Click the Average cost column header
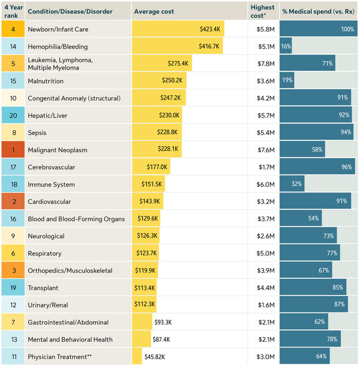click(x=154, y=11)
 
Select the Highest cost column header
click(x=262, y=11)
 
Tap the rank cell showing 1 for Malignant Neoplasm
click(x=13, y=149)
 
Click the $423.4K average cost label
click(x=210, y=29)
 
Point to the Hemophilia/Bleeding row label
click(x=58, y=47)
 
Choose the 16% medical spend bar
click(x=286, y=46)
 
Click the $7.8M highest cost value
click(x=266, y=64)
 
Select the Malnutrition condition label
click(x=46, y=81)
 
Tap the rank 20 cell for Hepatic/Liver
click(x=13, y=115)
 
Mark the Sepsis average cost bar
click(x=157, y=133)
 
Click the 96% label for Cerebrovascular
click(x=346, y=167)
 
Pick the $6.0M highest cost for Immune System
click(x=265, y=185)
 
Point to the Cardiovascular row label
click(x=49, y=201)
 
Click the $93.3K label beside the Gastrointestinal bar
click(x=163, y=322)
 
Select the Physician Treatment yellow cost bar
click(x=137, y=356)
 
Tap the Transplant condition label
click(x=43, y=288)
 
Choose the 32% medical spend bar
click(x=292, y=183)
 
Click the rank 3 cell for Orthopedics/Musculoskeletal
click(x=13, y=270)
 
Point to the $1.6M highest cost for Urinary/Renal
click(x=266, y=305)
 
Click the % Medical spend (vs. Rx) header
click(x=319, y=11)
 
